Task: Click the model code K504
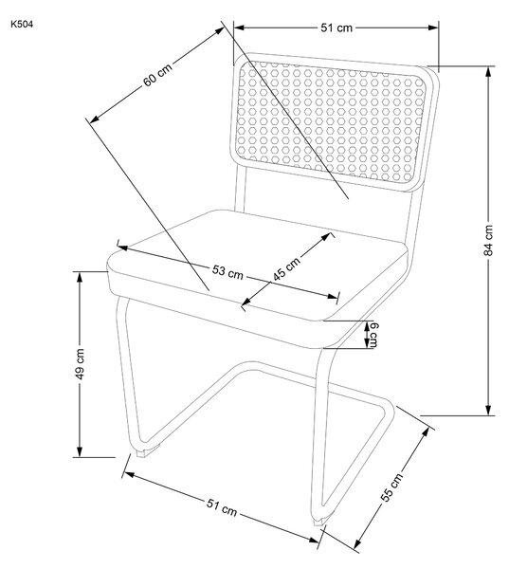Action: coord(22,25)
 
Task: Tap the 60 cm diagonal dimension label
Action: coord(157,76)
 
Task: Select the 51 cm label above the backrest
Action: coord(336,28)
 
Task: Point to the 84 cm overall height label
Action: coord(488,240)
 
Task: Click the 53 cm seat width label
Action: coord(227,272)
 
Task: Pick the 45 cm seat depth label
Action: coord(286,269)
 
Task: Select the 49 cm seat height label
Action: coord(80,364)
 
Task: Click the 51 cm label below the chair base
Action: coord(222,507)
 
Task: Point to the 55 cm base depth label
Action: coord(391,487)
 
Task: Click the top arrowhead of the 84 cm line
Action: coord(488,71)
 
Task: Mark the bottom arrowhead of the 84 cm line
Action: coord(488,410)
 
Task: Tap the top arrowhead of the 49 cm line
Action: coord(80,277)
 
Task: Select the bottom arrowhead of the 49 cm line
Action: coord(80,451)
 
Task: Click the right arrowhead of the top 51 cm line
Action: coord(433,28)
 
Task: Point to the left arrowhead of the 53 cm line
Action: coord(122,248)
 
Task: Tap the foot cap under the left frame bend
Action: coord(143,453)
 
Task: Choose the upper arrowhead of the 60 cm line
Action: coord(219,30)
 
